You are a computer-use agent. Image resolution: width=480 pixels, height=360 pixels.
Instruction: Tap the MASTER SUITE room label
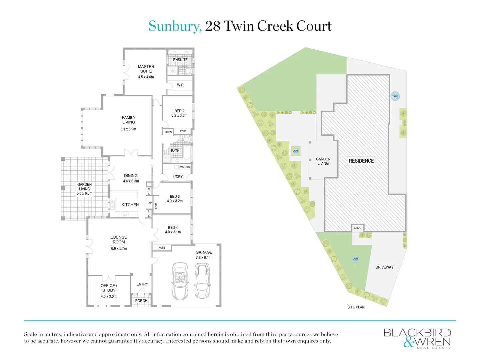146,69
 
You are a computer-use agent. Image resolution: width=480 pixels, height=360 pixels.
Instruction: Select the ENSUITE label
180,60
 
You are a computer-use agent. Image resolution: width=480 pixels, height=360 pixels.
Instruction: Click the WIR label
180,85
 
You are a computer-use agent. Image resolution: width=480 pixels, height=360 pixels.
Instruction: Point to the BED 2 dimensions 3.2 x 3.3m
179,116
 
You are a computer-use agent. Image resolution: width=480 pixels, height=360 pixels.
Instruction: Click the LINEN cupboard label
168,132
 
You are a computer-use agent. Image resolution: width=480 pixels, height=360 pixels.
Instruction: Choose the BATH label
175,151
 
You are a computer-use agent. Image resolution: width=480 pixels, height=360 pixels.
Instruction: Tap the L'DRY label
178,177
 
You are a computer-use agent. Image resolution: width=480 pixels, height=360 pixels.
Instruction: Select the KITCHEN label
130,205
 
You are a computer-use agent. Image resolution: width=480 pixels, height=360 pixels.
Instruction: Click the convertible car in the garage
180,281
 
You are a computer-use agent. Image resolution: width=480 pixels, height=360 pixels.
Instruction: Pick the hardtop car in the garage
202,281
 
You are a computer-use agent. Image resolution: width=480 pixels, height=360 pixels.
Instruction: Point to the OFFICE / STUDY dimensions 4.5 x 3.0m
109,296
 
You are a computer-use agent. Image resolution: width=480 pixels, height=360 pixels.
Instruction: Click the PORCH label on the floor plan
141,301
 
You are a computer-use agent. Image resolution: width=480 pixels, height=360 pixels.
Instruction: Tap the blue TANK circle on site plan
395,96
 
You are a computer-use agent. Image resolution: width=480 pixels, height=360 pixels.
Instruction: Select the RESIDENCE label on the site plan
361,161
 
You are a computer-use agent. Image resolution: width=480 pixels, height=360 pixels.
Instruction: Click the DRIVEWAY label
384,267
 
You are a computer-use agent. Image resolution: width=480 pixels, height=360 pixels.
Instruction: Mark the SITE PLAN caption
356,307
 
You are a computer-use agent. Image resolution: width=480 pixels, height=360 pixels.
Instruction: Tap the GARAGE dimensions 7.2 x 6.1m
203,258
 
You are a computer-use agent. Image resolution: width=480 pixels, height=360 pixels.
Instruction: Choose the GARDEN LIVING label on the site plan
323,161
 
